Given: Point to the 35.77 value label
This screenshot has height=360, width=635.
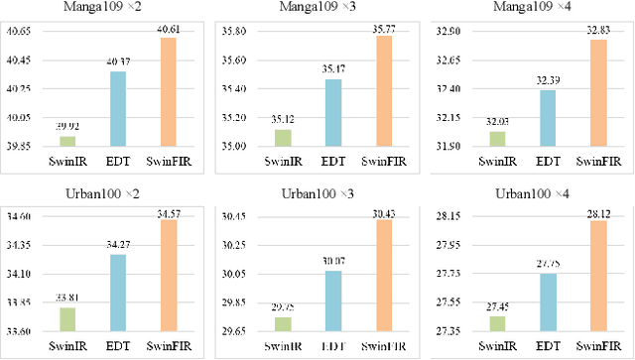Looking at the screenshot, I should (380, 29).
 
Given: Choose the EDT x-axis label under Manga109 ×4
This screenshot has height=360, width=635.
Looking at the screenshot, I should (547, 160).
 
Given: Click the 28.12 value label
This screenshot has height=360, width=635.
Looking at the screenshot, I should (592, 212).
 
